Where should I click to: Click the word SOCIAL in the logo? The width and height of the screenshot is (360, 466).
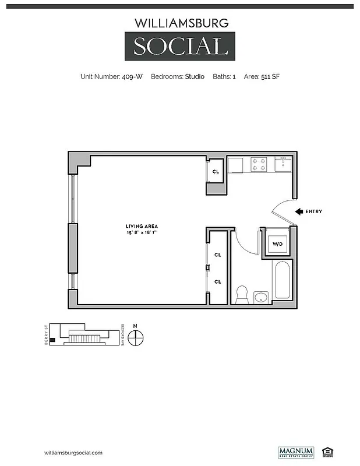pyautogui.click(x=180, y=46)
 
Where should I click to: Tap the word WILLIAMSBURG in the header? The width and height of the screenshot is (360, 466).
pyautogui.click(x=180, y=23)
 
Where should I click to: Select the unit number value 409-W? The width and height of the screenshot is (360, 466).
pyautogui.click(x=132, y=76)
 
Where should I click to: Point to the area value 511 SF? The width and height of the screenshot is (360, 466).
pyautogui.click(x=270, y=76)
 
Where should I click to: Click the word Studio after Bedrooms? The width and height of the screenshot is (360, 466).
pyautogui.click(x=195, y=76)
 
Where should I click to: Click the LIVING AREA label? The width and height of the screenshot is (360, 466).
pyautogui.click(x=142, y=226)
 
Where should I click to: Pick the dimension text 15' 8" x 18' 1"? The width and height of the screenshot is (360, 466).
pyautogui.click(x=142, y=232)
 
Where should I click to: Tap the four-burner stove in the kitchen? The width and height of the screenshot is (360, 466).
pyautogui.click(x=259, y=164)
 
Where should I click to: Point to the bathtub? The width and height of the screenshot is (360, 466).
pyautogui.click(x=283, y=281)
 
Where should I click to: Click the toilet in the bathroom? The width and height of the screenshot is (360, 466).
pyautogui.click(x=242, y=294)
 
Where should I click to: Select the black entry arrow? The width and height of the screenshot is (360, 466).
pyautogui.click(x=299, y=211)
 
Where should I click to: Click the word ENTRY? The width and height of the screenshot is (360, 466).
pyautogui.click(x=313, y=211)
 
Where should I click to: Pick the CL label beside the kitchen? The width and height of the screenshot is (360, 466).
pyautogui.click(x=215, y=171)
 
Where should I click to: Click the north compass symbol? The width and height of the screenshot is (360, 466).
pyautogui.click(x=136, y=337)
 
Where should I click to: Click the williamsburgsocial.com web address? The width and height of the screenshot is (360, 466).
pyautogui.click(x=73, y=453)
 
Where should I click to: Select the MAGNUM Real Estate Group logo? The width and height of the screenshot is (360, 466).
pyautogui.click(x=296, y=452)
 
